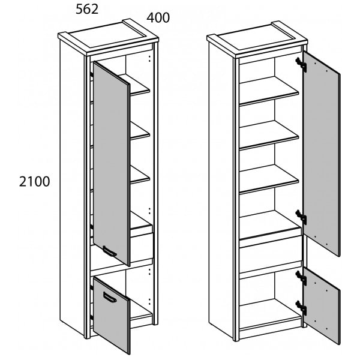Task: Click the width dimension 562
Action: point(86,9)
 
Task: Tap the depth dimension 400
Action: point(158,18)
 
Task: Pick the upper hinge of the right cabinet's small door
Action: point(302,278)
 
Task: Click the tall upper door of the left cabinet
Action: point(111,162)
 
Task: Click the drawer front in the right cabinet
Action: point(270,252)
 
